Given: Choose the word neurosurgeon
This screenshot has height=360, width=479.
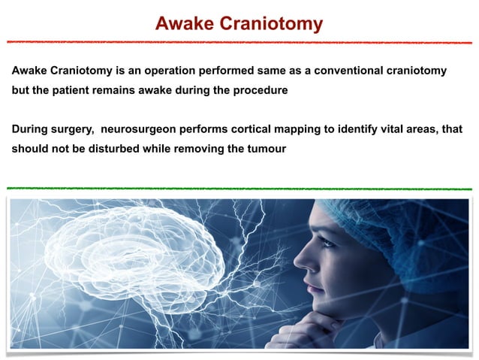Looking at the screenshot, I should [146, 129].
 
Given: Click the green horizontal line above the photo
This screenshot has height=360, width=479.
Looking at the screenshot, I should [239, 188].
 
